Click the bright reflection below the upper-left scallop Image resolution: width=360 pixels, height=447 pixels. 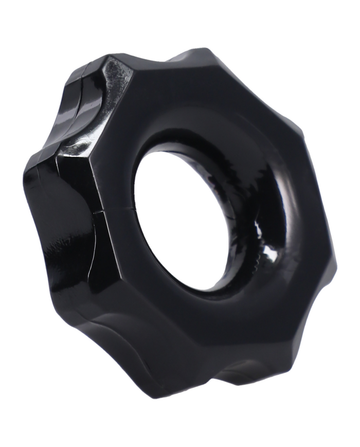tap(77, 149)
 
